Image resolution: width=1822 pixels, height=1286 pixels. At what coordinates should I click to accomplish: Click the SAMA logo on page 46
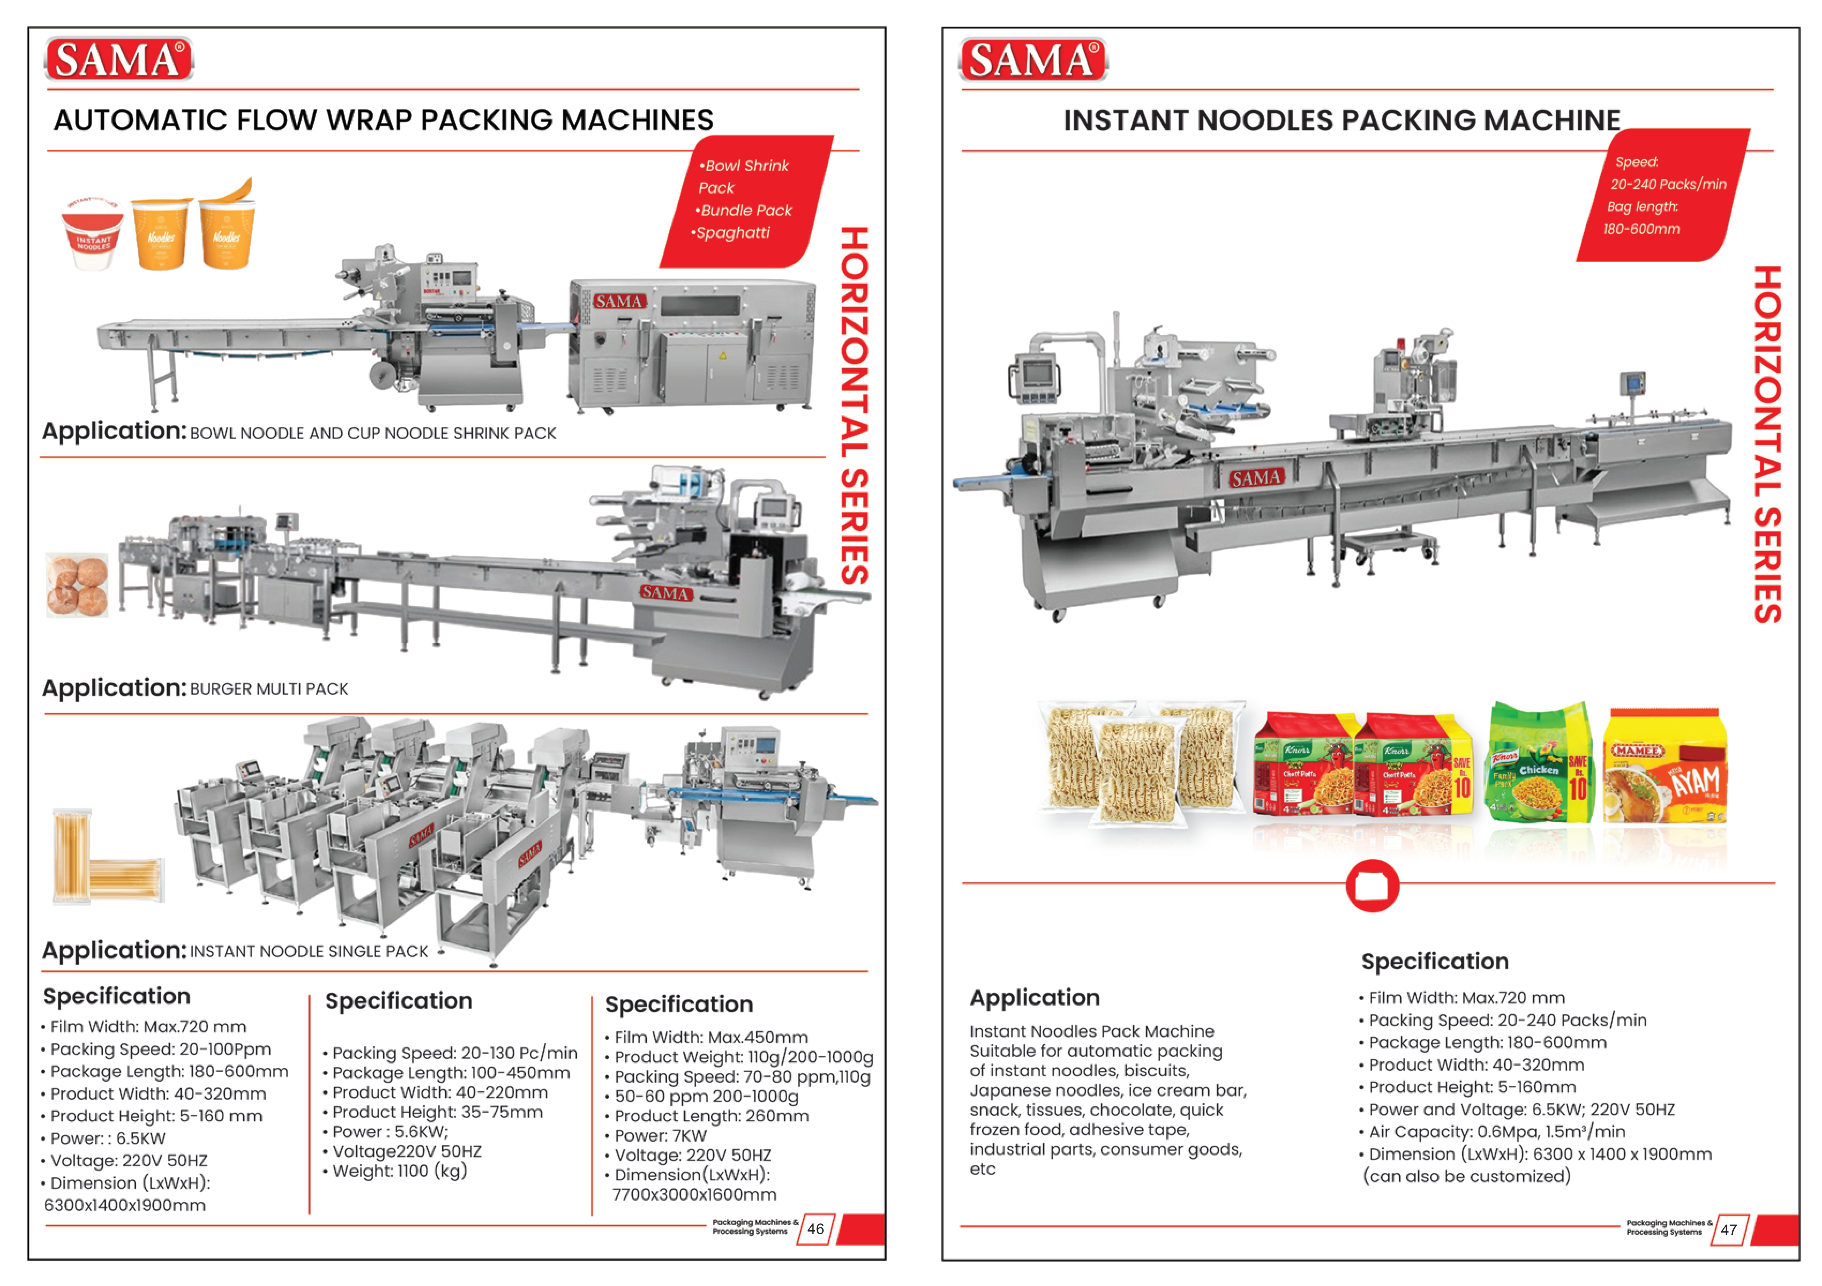coord(119,60)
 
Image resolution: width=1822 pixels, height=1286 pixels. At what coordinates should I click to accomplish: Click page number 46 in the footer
coord(816,1229)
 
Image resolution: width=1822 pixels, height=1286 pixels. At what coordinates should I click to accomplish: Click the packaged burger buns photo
coord(77,585)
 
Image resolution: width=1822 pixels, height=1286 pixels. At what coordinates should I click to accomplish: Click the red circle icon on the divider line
coord(1372,885)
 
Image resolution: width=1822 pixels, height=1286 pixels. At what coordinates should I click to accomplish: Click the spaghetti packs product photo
coord(107,857)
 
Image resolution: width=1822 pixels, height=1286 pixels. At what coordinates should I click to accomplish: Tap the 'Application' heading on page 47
coord(1035,998)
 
